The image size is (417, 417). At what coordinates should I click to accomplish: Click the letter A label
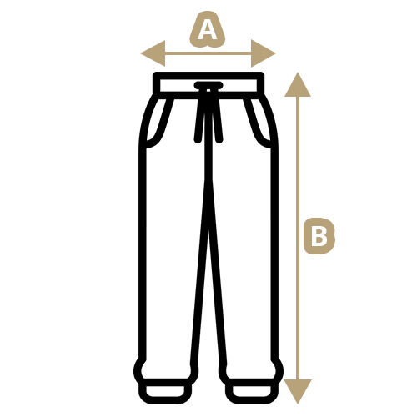(x=207, y=29)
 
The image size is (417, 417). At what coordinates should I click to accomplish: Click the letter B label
(x=319, y=236)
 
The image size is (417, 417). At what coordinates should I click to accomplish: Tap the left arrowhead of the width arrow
(x=153, y=53)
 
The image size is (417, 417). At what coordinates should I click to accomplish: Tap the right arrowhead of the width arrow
(x=264, y=53)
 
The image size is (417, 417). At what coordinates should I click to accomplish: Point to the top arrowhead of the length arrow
(x=298, y=84)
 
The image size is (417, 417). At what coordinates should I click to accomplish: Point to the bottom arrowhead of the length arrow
(x=298, y=391)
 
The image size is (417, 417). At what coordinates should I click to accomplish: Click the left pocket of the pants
(x=156, y=123)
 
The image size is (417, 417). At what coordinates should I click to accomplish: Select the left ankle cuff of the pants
(x=165, y=391)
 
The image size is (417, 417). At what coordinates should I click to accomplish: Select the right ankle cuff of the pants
(x=252, y=391)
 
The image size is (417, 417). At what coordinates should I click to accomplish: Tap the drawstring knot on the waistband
(x=208, y=86)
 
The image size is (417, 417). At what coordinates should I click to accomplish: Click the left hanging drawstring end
(x=199, y=117)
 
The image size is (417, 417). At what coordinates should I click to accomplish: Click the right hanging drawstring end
(x=218, y=117)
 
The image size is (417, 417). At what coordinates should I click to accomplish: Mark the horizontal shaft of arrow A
(x=208, y=53)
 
